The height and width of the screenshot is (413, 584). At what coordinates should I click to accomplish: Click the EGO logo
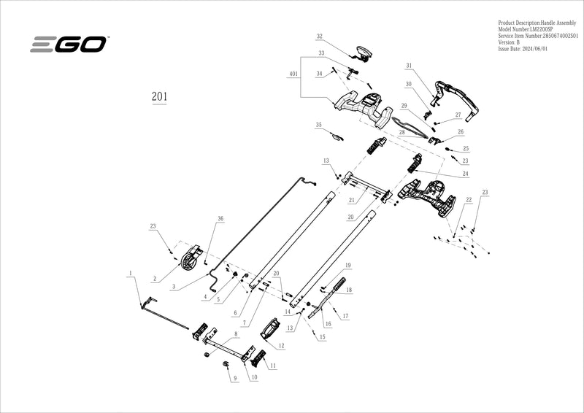point(69,45)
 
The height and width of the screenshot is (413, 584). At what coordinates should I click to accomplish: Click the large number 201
point(160,96)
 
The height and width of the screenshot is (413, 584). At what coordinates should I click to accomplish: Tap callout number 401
point(293,74)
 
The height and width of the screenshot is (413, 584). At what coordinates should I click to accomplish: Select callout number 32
point(320,36)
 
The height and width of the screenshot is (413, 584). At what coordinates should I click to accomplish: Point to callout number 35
point(318,126)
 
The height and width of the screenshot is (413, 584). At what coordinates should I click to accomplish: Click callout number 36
point(220,219)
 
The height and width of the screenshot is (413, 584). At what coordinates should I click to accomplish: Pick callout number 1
point(130,274)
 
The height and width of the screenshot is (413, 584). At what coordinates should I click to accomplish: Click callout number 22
point(469,200)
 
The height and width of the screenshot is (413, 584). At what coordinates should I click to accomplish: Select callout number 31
point(410,66)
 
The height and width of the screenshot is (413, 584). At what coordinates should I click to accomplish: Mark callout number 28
point(401,132)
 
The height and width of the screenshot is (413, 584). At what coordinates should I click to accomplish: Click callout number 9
point(235,379)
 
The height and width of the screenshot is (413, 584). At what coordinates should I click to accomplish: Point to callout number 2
point(155,278)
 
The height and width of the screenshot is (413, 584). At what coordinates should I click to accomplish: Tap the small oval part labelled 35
point(338,136)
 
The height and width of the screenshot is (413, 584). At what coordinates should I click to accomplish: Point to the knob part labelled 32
point(360,50)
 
